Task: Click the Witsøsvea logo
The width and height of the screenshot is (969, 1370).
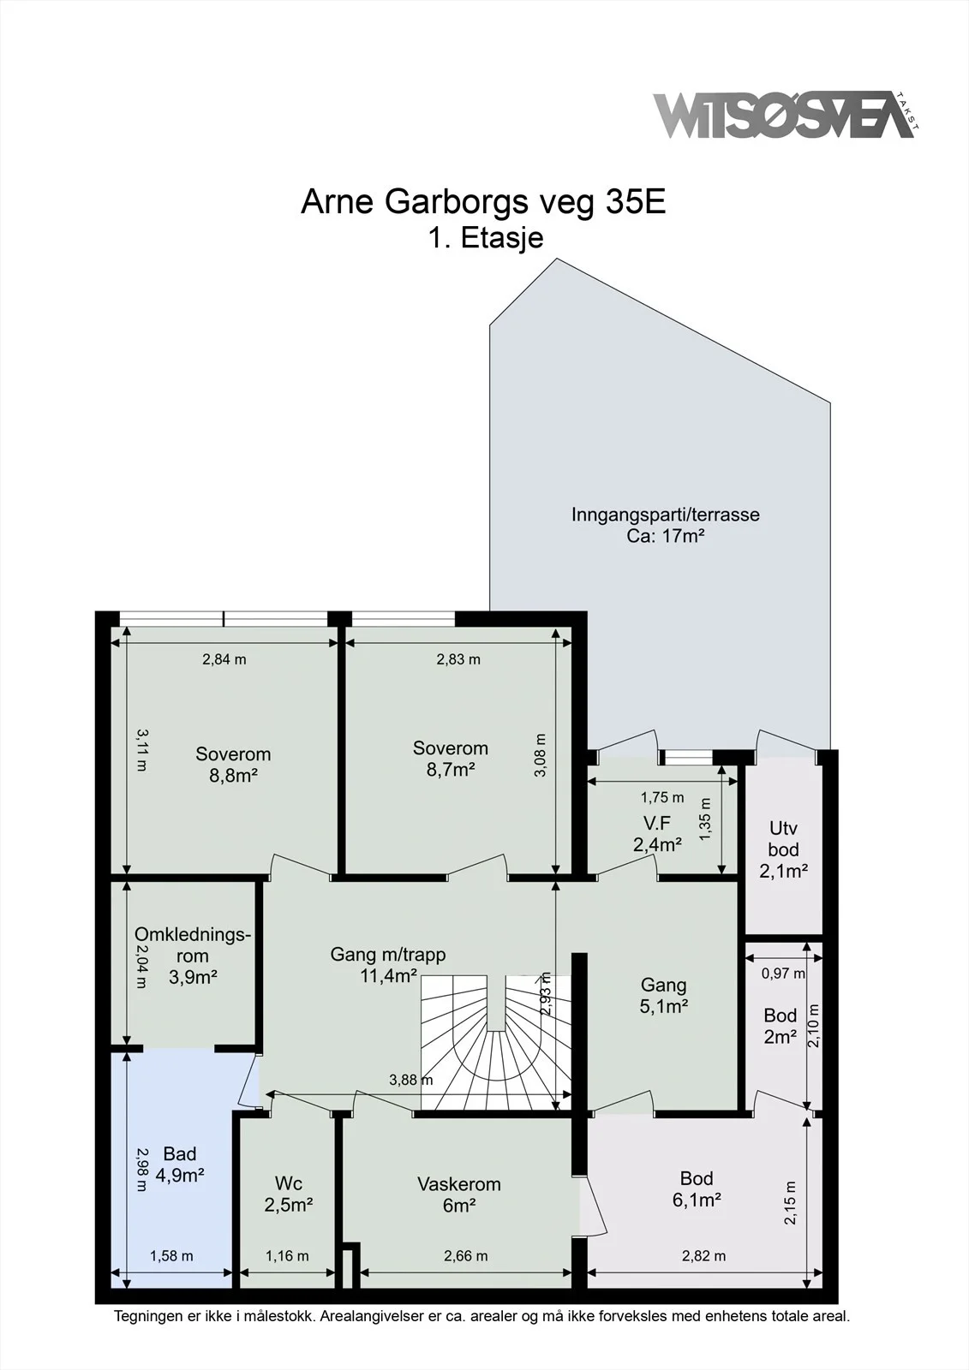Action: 786,115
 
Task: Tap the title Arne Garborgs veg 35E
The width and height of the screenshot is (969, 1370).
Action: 483,203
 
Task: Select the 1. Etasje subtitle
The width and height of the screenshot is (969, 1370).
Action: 486,238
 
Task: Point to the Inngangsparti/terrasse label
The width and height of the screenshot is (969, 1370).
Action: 666,525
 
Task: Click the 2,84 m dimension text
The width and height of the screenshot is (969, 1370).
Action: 224,659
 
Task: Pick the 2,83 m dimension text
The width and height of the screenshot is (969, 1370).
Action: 458,659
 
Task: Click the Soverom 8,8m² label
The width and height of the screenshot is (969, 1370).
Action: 233,765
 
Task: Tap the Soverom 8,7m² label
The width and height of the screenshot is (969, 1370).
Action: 451,759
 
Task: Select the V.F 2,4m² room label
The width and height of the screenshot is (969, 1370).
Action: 657,834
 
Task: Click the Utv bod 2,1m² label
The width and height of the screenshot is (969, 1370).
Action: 784,849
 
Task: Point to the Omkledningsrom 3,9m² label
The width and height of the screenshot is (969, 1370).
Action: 193,955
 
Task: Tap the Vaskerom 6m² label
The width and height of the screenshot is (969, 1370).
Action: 459,1194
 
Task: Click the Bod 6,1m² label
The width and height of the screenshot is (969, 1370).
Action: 697,1189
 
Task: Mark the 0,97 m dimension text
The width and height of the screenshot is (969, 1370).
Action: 784,973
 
